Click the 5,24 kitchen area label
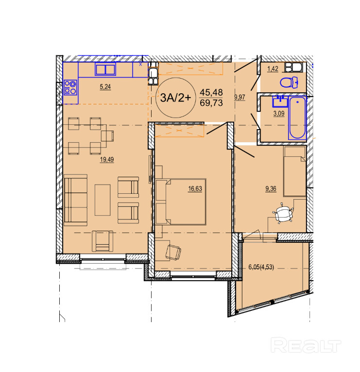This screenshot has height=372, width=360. (x=105, y=87)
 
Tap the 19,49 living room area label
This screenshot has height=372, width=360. (x=107, y=159)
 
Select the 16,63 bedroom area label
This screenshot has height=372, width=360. (x=195, y=188)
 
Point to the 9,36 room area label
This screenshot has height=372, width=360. (x=271, y=188)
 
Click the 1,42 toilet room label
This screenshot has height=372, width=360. (x=273, y=69)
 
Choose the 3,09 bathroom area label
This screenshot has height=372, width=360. (x=279, y=114)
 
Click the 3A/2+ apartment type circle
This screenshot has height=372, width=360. (x=175, y=98)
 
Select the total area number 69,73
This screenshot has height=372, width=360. (x=211, y=103)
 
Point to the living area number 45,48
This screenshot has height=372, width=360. (x=211, y=92)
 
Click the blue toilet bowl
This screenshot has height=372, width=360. (x=289, y=83)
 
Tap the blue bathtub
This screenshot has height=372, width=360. (x=297, y=118)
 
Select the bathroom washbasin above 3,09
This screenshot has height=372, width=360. (x=280, y=101)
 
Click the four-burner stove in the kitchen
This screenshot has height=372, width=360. (x=70, y=87)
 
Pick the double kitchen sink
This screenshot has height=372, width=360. (x=105, y=69)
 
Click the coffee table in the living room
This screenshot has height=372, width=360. (x=103, y=200)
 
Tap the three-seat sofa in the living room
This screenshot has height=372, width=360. (x=75, y=200)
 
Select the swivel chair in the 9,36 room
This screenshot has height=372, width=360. (x=283, y=213)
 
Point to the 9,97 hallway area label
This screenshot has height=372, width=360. (x=240, y=97)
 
